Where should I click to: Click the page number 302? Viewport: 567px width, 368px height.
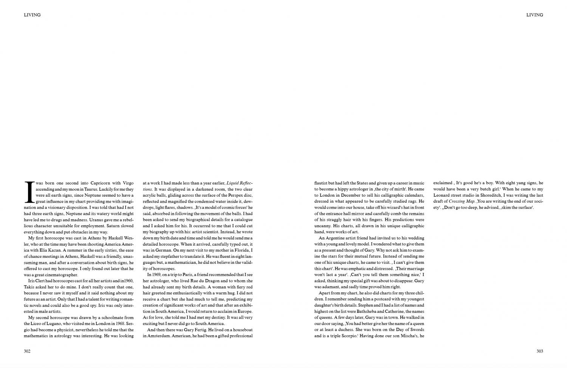[x=27, y=351]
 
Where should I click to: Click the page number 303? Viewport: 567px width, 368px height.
[x=539, y=351]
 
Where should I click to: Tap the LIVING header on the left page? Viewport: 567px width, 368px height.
[x=32, y=15]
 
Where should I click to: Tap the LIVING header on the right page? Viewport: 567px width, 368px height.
[x=534, y=15]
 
